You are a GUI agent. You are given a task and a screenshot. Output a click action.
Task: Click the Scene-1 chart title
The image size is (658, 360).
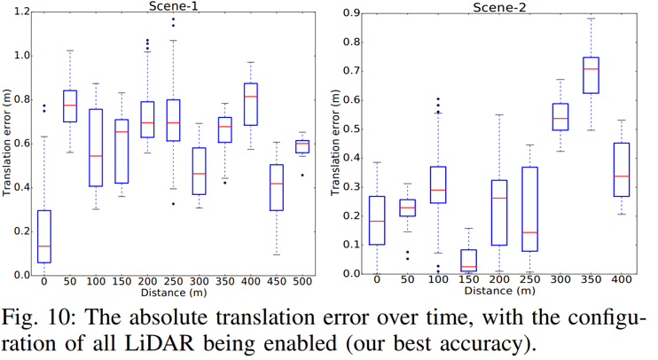pyautogui.click(x=171, y=6)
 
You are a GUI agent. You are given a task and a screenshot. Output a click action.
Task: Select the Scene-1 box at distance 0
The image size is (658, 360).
pyautogui.click(x=44, y=237)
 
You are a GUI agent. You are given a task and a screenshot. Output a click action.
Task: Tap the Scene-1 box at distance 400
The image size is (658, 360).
pyautogui.click(x=251, y=105)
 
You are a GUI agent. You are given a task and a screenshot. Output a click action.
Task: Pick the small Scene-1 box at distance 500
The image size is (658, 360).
pyautogui.click(x=302, y=146)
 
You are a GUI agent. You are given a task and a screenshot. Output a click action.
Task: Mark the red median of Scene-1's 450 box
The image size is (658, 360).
pyautogui.click(x=277, y=184)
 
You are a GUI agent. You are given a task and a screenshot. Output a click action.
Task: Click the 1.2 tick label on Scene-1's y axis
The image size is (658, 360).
pyautogui.click(x=19, y=12)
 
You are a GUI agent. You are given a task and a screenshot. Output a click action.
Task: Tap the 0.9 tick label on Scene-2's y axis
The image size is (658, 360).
pyautogui.click(x=352, y=12)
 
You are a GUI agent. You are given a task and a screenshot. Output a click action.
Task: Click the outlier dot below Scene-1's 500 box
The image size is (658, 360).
pyautogui.click(x=302, y=175)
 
